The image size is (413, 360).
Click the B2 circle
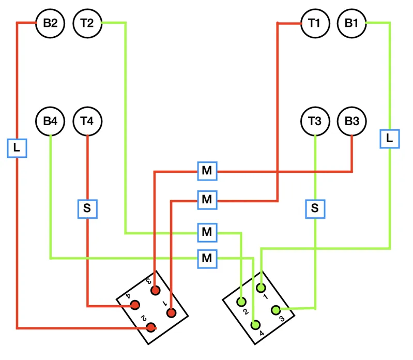[50, 23]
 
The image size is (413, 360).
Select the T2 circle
[87, 23]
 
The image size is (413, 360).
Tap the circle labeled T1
[315, 23]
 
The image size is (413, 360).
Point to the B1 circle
[351, 23]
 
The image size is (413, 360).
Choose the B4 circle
[50, 121]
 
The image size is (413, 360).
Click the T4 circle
[87, 121]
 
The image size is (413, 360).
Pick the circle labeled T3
[315, 121]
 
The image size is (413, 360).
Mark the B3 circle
[351, 121]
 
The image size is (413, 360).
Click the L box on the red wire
[17, 148]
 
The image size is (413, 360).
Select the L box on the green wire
[390, 139]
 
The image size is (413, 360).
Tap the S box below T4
[87, 209]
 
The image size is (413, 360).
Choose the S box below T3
[315, 209]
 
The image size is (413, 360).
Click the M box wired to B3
[207, 171]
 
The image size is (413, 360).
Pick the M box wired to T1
[207, 200]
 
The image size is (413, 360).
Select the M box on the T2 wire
[207, 233]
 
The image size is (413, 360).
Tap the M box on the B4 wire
[207, 259]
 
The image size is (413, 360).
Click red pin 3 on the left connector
[156, 290]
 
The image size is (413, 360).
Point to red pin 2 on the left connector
[151, 327]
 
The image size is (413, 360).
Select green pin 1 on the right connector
[261, 288]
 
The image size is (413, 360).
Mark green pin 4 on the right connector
[255, 325]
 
